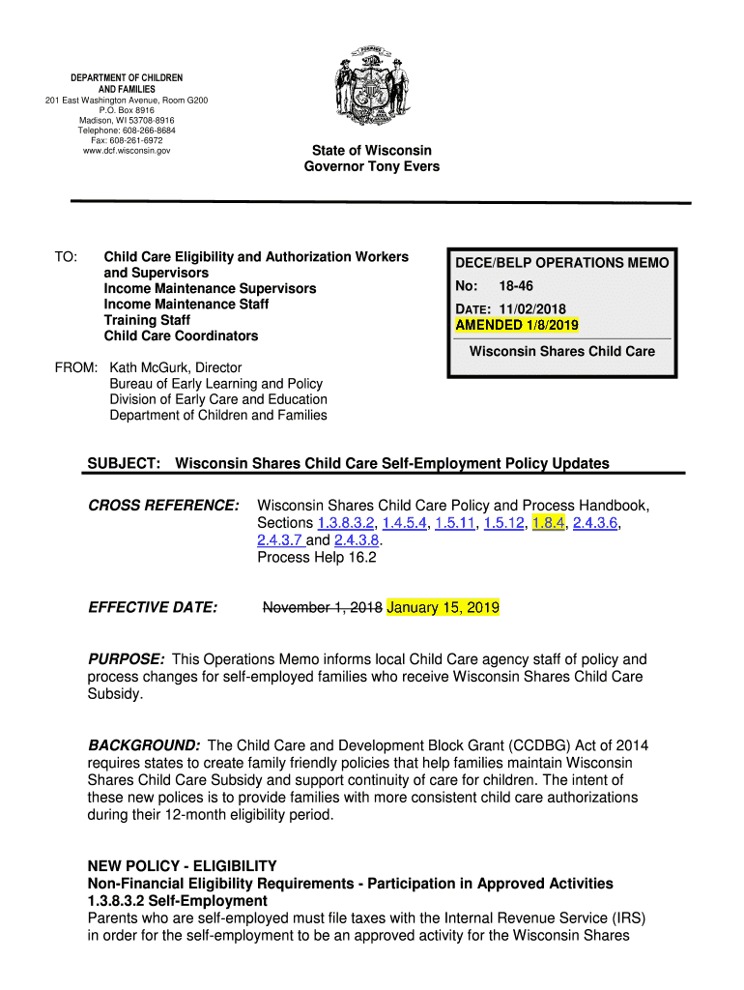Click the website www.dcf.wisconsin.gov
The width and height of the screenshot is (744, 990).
click(127, 151)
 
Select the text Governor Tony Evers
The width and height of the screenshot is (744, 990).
click(371, 166)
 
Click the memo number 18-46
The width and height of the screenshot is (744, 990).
click(515, 286)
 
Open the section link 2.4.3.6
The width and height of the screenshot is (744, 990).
click(595, 523)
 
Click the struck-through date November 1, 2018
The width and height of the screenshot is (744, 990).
click(323, 607)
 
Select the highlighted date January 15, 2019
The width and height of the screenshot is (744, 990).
click(443, 607)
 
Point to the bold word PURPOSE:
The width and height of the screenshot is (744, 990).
click(126, 659)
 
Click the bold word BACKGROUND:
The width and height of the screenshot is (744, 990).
click(144, 745)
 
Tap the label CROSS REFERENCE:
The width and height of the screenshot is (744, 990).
click(163, 506)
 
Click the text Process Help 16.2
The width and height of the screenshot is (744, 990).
click(316, 558)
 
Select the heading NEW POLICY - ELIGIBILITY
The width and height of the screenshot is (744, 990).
click(182, 866)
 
